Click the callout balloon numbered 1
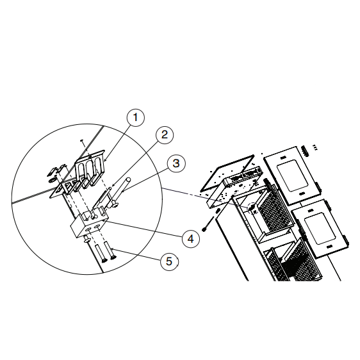136,118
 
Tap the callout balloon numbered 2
165,135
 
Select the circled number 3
176,163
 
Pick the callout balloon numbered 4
190,239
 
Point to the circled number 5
169,261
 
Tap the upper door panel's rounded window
290,176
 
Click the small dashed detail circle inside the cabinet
252,208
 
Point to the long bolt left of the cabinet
208,224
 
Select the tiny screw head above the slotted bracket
81,140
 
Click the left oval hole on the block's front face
88,229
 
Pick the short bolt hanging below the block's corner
86,239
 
